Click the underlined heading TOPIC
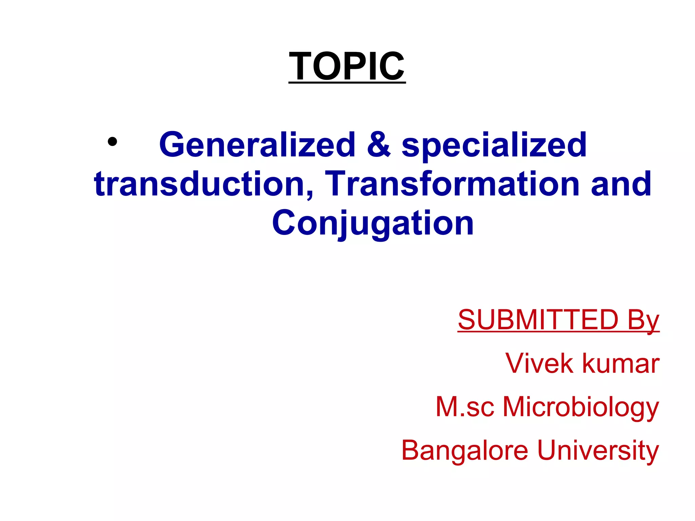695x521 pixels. click(347, 66)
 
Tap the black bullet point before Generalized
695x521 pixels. click(112, 142)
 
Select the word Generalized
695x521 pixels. click(257, 145)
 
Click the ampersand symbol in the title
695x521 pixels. click(378, 145)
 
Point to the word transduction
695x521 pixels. click(200, 184)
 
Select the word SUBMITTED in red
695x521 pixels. click(538, 320)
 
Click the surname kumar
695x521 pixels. click(621, 364)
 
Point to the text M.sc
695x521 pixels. click(465, 407)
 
